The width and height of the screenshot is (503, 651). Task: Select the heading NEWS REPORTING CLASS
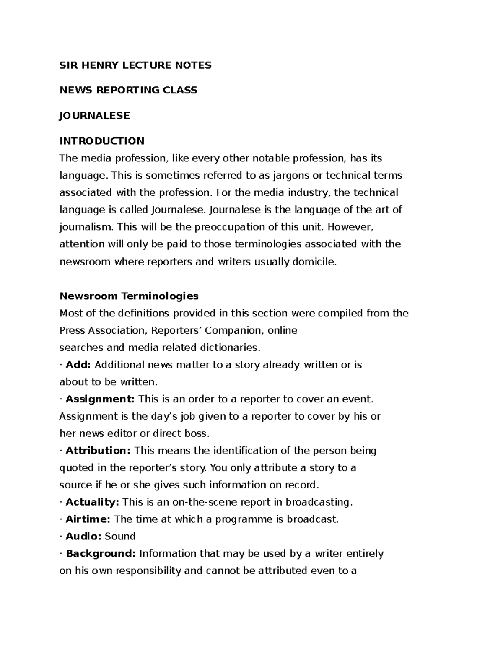pos(128,90)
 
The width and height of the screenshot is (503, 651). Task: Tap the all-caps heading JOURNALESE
pos(95,115)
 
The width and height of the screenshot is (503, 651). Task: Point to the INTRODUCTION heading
pos(102,141)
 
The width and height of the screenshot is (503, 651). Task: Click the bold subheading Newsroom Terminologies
pos(129,296)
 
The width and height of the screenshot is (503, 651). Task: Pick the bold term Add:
pos(78,365)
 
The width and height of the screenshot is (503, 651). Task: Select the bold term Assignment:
pos(100,399)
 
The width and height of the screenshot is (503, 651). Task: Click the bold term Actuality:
pos(93,502)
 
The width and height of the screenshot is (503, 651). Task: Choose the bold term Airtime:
pos(88,519)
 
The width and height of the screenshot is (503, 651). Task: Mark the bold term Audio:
pos(83,537)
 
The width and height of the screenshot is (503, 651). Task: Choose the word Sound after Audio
pos(120,537)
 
